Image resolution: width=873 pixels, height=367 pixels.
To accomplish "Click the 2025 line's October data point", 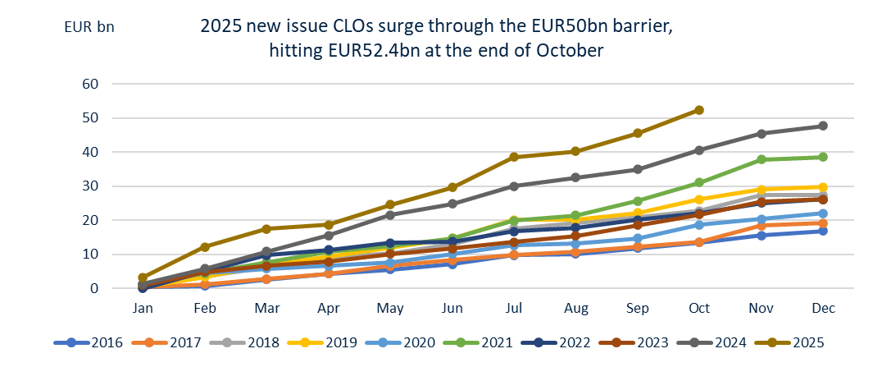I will (x=698, y=110).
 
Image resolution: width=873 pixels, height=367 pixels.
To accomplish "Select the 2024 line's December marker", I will (x=823, y=126).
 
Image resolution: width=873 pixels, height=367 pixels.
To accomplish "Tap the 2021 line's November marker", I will (x=762, y=159).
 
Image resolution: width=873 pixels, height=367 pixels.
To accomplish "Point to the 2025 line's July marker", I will (x=514, y=157).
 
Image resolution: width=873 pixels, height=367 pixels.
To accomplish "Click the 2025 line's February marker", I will (x=205, y=246).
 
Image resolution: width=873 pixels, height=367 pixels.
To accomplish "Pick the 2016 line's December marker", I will (x=823, y=231).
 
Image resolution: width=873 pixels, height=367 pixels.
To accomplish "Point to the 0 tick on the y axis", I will (x=95, y=288).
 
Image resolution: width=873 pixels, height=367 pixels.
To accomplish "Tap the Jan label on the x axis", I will (x=143, y=308).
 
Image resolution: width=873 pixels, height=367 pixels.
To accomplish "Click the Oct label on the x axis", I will (x=698, y=308).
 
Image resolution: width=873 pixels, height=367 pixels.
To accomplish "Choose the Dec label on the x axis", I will (x=823, y=308).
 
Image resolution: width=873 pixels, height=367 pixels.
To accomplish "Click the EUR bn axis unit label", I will (x=89, y=25).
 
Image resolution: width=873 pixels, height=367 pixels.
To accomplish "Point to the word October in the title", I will (x=568, y=50).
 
